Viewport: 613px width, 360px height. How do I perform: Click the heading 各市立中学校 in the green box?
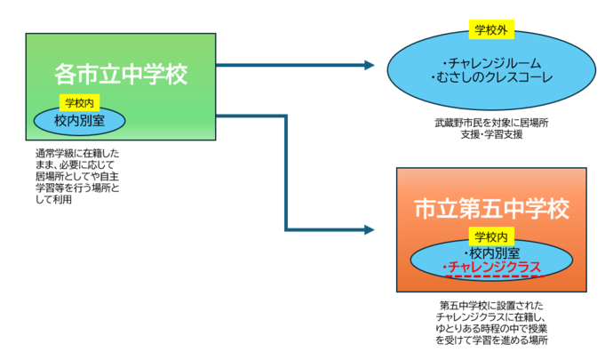click(x=121, y=73)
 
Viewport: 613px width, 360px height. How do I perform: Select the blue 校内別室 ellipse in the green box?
click(x=79, y=119)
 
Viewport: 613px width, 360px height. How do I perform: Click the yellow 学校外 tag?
click(x=491, y=30)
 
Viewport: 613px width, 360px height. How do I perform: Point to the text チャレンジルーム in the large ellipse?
click(x=490, y=64)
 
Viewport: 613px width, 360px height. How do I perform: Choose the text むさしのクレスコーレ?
click(x=491, y=79)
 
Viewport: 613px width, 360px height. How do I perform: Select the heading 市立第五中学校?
click(x=490, y=210)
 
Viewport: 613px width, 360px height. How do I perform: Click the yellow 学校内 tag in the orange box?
click(x=490, y=237)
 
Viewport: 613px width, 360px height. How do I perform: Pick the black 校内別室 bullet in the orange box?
click(x=490, y=253)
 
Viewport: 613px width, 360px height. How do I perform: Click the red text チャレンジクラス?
click(x=490, y=268)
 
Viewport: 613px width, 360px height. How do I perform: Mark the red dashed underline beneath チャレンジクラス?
click(x=490, y=277)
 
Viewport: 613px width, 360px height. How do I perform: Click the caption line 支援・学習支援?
click(x=491, y=134)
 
